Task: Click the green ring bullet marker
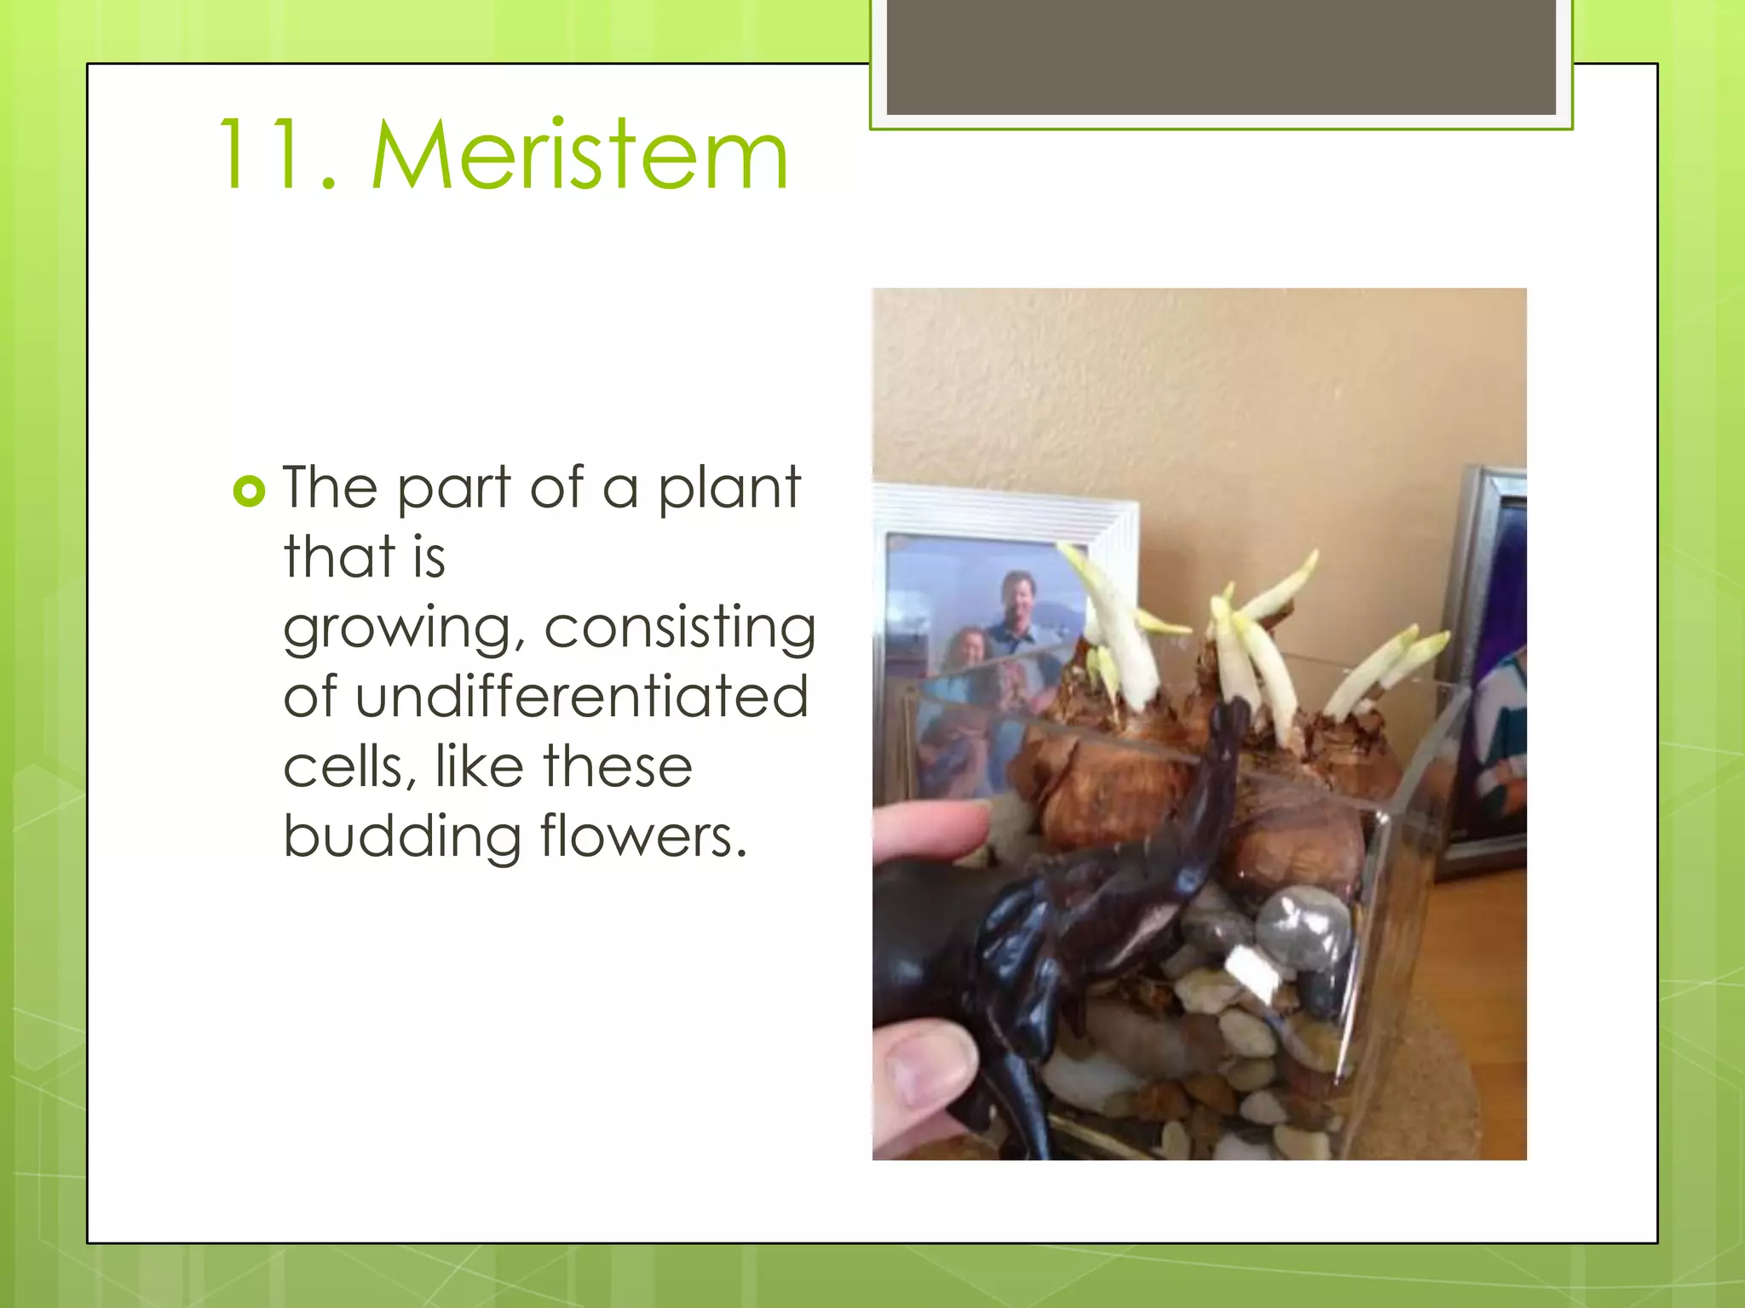249,491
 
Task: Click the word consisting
680,628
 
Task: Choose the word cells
349,766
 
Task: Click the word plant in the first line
729,488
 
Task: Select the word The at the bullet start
331,488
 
